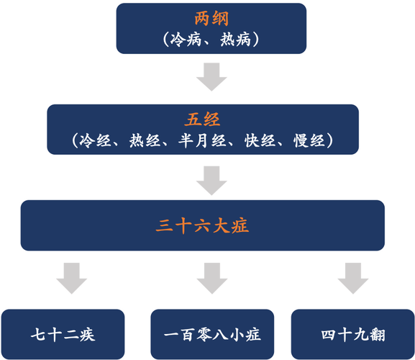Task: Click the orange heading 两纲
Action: (211, 19)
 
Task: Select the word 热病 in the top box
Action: (235, 40)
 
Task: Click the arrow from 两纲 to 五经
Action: (211, 77)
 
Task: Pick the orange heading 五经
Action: (203, 120)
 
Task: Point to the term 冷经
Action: (95, 140)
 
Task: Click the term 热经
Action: (145, 140)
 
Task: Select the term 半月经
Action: (203, 140)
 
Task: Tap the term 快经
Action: (260, 140)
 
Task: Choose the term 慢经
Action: (309, 140)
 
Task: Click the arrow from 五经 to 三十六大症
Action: (211, 181)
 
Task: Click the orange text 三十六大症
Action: (203, 225)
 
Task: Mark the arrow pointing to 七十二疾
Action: (72, 278)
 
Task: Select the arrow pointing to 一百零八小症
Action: (212, 278)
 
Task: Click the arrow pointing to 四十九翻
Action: (353, 278)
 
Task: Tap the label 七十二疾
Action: (63, 335)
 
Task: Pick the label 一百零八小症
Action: (212, 335)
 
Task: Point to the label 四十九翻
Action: (353, 335)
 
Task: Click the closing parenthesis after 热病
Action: (256, 40)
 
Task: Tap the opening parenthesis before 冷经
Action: (76, 140)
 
